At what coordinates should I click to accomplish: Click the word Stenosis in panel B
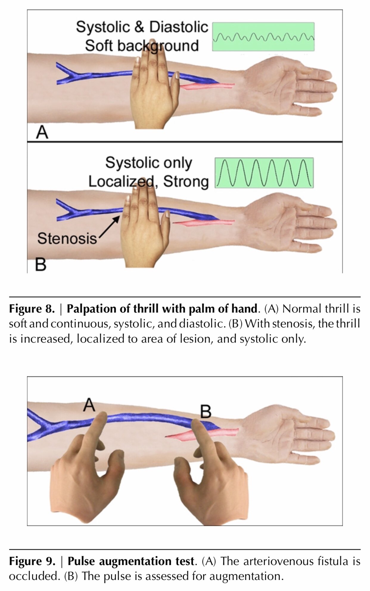pos(67,238)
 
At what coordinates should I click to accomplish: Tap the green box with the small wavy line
pos(263,37)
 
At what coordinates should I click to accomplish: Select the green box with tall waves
pos(264,173)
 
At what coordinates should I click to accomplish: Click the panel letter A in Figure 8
pos(42,132)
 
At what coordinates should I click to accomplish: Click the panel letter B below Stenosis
pos(41,264)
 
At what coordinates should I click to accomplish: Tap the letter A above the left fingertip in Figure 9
pos(89,405)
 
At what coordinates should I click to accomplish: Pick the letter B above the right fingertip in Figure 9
pos(206,412)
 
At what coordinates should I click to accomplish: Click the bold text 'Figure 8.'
pos(32,309)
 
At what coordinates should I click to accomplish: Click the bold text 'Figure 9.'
pos(32,561)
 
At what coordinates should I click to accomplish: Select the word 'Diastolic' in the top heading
pos(178,27)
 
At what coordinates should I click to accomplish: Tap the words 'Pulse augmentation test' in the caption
pos(131,561)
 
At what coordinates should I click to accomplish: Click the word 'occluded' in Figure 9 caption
pos(33,576)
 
